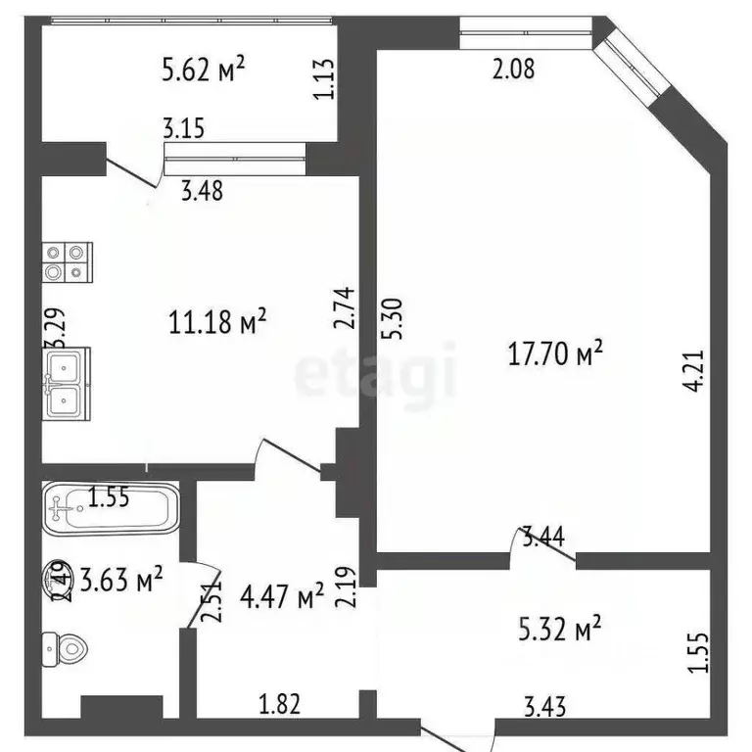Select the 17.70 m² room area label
554,354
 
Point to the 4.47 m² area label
282,596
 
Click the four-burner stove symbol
68,262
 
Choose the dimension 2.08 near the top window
513,70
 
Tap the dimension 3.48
202,191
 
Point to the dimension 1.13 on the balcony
324,79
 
